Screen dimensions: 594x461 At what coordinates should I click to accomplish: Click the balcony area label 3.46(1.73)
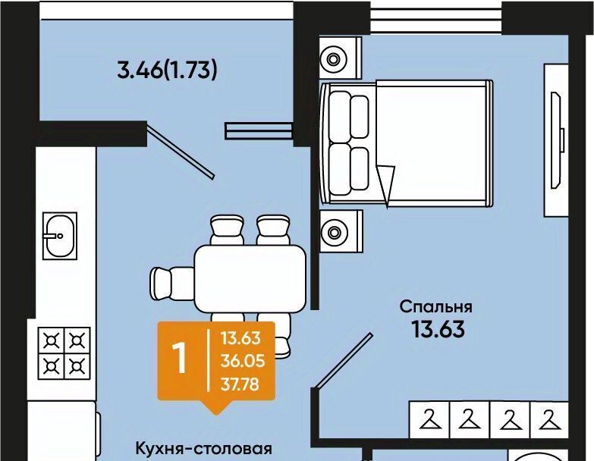(x=168, y=70)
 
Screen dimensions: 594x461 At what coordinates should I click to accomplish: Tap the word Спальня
(x=436, y=307)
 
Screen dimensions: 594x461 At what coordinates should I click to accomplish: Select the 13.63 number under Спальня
(x=438, y=329)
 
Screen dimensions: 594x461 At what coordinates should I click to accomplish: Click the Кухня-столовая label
(x=204, y=449)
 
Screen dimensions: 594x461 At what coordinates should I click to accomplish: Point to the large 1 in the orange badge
(x=179, y=359)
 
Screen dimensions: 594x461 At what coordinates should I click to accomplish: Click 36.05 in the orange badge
(x=243, y=361)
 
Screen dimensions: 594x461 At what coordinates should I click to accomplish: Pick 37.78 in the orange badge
(x=240, y=384)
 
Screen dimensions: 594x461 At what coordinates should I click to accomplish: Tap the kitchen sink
(x=60, y=236)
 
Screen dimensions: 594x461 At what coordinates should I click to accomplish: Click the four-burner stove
(x=64, y=353)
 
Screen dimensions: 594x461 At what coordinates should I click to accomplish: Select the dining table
(x=250, y=278)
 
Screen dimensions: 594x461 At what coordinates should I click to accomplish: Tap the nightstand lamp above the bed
(x=333, y=59)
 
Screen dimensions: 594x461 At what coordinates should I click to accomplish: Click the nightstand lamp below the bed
(x=334, y=231)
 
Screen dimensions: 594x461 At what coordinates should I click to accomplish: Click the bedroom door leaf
(x=344, y=360)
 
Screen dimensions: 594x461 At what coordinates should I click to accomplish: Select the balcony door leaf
(x=181, y=152)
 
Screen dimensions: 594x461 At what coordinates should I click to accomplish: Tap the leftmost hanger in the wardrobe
(x=430, y=420)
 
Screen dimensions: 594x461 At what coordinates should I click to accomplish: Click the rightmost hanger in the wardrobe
(x=550, y=420)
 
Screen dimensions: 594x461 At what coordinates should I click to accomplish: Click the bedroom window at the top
(x=436, y=17)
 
